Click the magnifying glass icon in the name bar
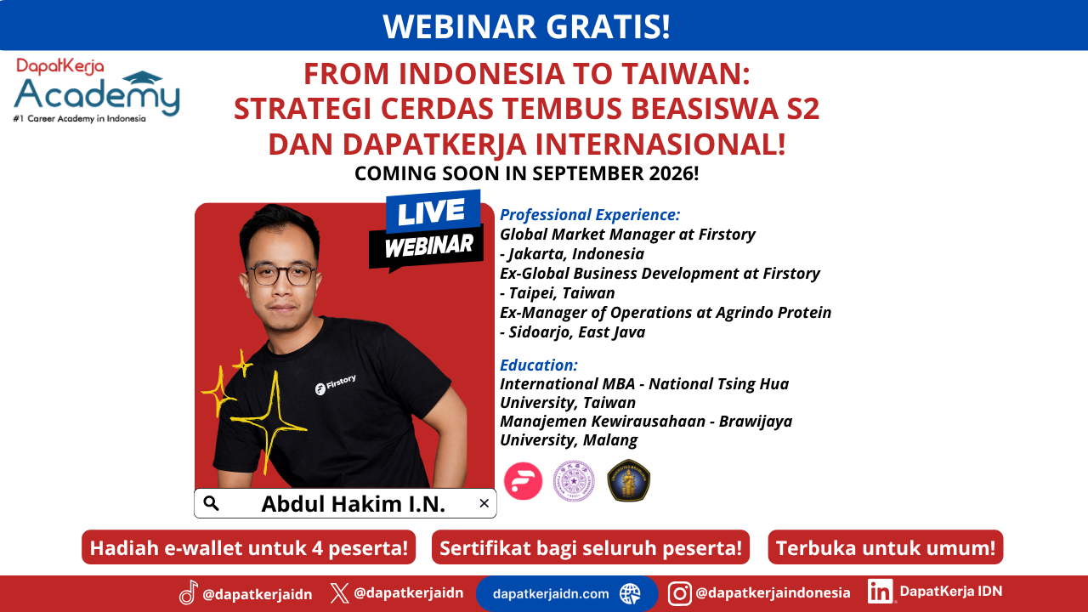[x=211, y=503]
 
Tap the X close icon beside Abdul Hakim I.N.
[x=484, y=503]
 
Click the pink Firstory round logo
[x=523, y=481]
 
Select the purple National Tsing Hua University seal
[x=574, y=481]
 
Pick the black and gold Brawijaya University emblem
[x=628, y=480]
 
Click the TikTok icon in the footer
[x=189, y=592]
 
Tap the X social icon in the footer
[x=339, y=593]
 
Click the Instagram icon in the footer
[x=679, y=593]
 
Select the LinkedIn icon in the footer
[x=880, y=592]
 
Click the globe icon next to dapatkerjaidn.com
[x=630, y=593]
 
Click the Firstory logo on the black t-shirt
[x=336, y=384]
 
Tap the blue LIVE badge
[x=433, y=212]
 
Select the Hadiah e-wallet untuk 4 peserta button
[x=249, y=547]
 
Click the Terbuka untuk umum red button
[x=886, y=547]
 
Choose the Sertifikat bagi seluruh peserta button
[x=591, y=547]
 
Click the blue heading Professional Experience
[x=590, y=215]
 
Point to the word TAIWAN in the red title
[x=686, y=74]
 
